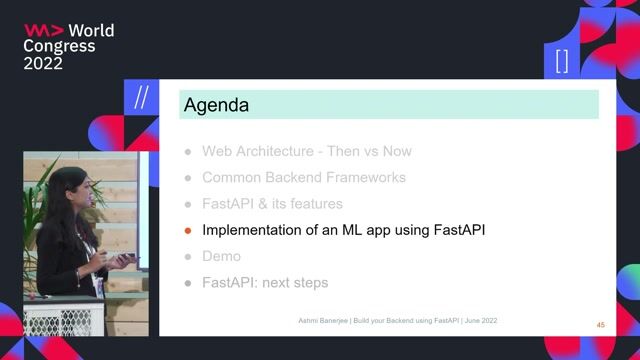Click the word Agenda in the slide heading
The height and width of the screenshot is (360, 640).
(x=215, y=105)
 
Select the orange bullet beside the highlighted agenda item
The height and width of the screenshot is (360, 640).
(x=186, y=230)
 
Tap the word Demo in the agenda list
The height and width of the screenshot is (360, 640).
(x=221, y=256)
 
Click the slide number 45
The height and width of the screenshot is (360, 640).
(x=600, y=325)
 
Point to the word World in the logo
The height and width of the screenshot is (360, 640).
(x=90, y=30)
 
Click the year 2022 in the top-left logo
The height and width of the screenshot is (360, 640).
(x=43, y=63)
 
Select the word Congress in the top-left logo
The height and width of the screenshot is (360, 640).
(x=59, y=46)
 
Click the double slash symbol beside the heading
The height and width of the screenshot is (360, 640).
(x=142, y=99)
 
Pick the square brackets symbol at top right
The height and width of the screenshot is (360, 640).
(x=561, y=61)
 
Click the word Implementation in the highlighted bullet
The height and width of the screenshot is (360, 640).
(x=251, y=230)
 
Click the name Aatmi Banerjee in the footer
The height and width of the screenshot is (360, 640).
(x=312, y=319)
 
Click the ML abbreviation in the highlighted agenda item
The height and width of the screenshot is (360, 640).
(x=352, y=230)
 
